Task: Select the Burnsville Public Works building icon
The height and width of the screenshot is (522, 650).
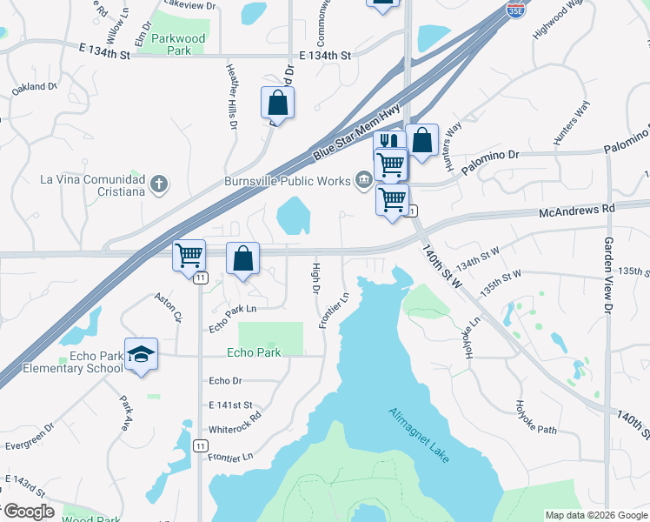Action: pos(362,180)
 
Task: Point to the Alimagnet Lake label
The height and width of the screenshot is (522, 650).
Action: pos(419,435)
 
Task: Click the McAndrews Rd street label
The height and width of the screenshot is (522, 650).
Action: pos(576,211)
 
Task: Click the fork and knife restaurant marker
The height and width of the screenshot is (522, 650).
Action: pos(388,142)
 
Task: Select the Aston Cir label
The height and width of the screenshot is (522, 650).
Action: pos(169,306)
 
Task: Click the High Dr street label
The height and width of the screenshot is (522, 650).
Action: pos(315,277)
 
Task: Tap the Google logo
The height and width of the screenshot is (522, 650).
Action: pos(29,512)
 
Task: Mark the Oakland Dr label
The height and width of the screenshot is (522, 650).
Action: pos(34,88)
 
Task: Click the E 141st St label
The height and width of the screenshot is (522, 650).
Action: pos(230,405)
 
